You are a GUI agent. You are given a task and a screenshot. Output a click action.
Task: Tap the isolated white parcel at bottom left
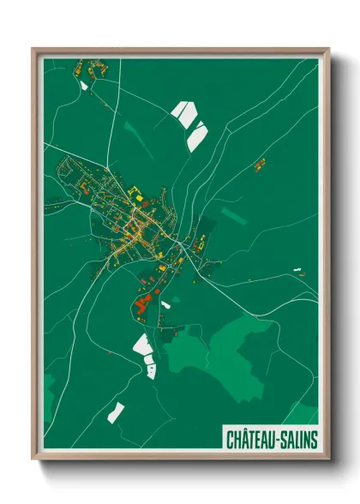[116, 411]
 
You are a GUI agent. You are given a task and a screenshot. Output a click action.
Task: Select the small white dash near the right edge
[297, 271]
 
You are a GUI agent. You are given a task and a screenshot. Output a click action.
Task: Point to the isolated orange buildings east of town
[259, 164]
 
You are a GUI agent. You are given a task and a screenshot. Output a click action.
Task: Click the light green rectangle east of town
[233, 216]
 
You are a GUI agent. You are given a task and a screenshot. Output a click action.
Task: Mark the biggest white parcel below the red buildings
[141, 345]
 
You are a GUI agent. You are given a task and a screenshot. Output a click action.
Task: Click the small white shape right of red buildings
[165, 304]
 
